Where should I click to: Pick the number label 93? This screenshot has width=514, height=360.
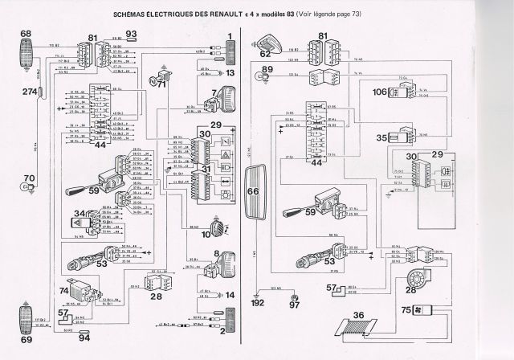pyautogui.click(x=132, y=33)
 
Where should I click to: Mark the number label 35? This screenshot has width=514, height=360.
pyautogui.click(x=381, y=137)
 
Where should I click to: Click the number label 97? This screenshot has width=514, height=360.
pyautogui.click(x=294, y=306)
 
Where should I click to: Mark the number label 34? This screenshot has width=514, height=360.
pyautogui.click(x=80, y=214)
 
